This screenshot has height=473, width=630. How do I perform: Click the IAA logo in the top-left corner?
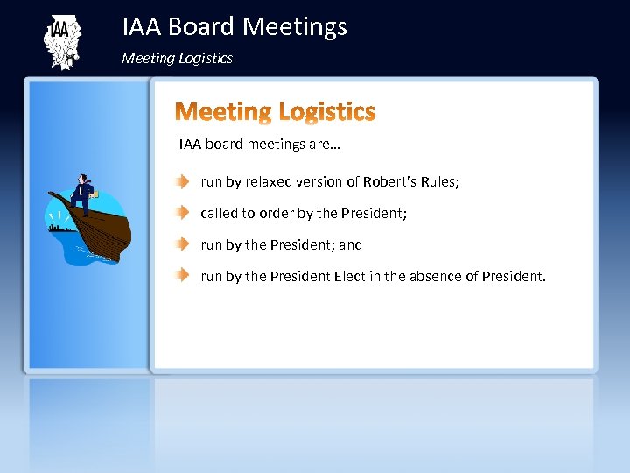point(60,41)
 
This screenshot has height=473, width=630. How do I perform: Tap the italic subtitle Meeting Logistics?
point(177,59)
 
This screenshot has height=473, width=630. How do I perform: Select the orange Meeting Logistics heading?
point(275,112)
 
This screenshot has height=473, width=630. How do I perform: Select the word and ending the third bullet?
point(350,245)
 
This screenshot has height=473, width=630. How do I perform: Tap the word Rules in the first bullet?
point(438,182)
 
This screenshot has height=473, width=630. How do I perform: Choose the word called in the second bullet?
point(219,214)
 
